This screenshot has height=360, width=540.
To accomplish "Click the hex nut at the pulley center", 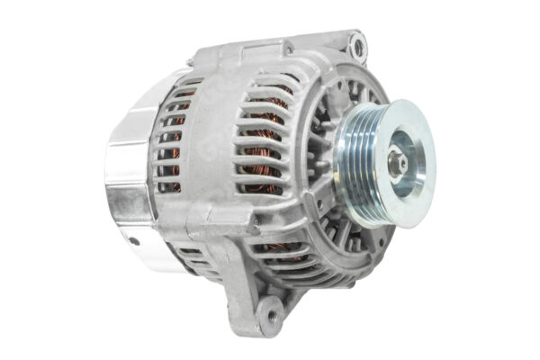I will tap(396, 163).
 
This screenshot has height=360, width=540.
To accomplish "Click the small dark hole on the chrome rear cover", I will tap(134, 240).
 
